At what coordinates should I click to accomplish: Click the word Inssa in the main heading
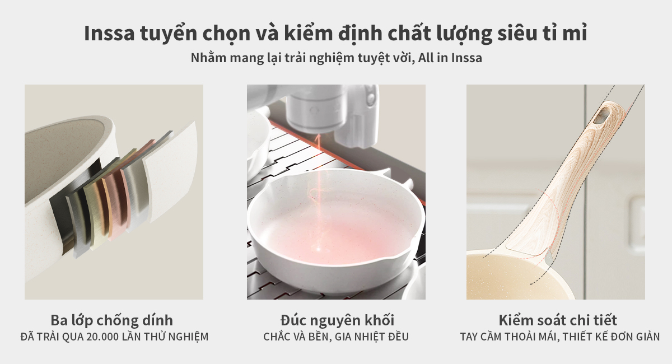tap(109, 33)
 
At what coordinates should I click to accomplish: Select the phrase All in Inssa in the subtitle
tap(450, 58)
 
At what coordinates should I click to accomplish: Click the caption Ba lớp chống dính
tap(111, 321)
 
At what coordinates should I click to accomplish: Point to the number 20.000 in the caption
tap(102, 337)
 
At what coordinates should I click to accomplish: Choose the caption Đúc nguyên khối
tap(337, 320)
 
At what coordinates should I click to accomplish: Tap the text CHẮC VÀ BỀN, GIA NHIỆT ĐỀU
tap(336, 337)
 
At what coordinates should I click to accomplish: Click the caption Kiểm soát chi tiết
tap(558, 320)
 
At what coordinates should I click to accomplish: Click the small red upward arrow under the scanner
tap(318, 141)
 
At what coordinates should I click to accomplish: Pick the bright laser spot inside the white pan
tap(318, 249)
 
